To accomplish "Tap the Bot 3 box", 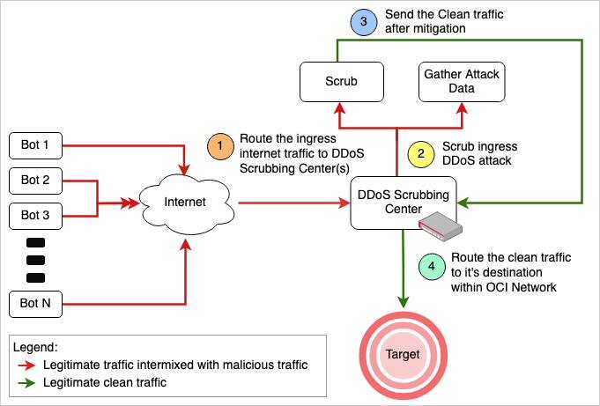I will (36, 215).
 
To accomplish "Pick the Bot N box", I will (36, 305).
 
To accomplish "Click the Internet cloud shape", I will (184, 203).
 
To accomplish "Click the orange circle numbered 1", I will (219, 146).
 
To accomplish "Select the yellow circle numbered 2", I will (421, 153).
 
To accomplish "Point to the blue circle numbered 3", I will (363, 22).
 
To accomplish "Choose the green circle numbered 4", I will (430, 268).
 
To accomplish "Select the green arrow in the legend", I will (33, 383).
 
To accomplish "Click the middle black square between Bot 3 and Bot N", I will (36, 260).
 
